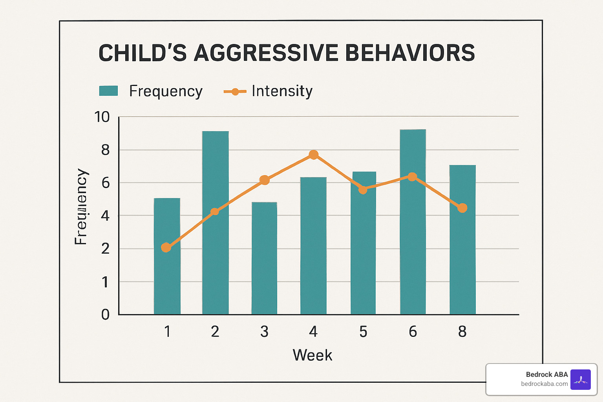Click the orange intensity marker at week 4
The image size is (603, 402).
click(x=313, y=155)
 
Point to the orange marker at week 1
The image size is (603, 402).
click(x=166, y=247)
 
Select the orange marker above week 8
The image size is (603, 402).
click(x=462, y=208)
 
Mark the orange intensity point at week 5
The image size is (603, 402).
click(x=363, y=190)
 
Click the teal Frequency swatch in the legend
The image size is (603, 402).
click(x=108, y=91)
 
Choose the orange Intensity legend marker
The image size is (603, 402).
click(x=235, y=91)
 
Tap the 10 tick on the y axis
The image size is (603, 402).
click(x=102, y=117)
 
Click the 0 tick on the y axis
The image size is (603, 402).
click(x=105, y=314)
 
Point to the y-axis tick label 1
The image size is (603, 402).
click(x=105, y=282)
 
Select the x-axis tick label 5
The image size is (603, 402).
click(x=363, y=332)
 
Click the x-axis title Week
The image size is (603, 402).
click(x=312, y=355)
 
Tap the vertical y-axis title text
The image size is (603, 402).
click(x=81, y=207)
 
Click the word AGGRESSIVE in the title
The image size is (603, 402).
click(x=266, y=53)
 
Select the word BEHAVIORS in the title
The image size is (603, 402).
click(x=410, y=53)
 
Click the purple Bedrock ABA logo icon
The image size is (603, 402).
click(x=580, y=379)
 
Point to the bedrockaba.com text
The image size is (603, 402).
click(x=544, y=384)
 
